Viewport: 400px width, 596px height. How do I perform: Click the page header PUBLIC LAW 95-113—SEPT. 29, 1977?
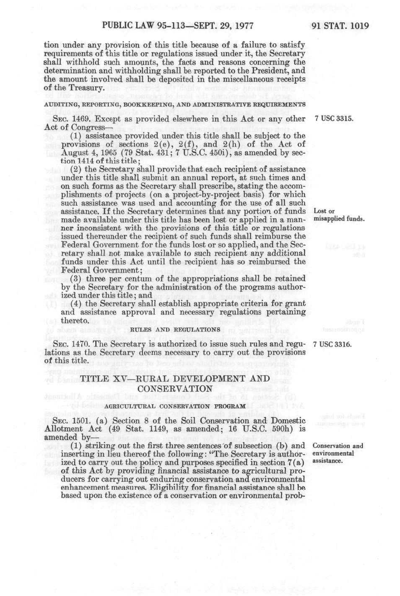coord(177,26)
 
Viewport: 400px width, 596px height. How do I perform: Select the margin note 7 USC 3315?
coord(334,119)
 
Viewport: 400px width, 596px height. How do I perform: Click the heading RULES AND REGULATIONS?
coord(175,329)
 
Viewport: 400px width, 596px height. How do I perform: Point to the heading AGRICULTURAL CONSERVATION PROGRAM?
coord(175,406)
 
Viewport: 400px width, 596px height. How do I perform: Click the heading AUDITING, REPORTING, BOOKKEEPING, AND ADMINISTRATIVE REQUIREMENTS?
coord(175,104)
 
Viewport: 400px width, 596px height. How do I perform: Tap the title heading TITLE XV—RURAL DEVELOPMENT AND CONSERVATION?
coord(175,383)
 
